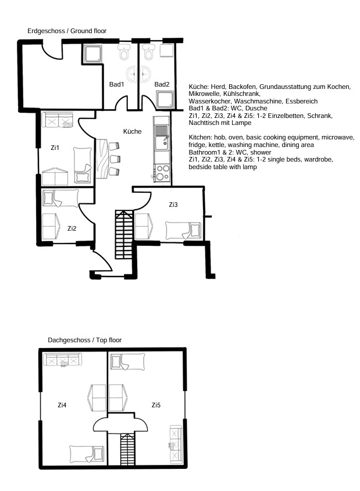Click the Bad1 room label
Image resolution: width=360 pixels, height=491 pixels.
coord(116,84)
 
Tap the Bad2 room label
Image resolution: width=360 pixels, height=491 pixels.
coord(162,84)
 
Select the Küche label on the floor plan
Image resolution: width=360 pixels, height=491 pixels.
coord(132,131)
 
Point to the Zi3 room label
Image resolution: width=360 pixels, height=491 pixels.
coord(173,205)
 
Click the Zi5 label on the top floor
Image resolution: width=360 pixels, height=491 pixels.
coord(156,405)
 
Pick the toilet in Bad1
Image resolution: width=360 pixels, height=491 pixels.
coord(124,52)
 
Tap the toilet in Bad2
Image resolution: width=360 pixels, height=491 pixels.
coord(148,52)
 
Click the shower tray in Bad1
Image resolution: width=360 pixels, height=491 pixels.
coord(92,53)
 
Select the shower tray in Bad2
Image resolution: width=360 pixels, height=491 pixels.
coord(165,99)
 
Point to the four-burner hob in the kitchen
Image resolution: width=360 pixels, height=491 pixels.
coord(163,173)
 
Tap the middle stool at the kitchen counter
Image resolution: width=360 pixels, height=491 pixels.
coord(115,159)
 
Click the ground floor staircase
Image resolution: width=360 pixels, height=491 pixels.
coord(124,235)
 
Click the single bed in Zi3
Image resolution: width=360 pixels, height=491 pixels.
coord(183,231)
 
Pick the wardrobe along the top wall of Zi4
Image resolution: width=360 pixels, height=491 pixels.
coord(63,360)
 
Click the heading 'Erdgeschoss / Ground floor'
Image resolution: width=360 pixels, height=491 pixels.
coord(67,31)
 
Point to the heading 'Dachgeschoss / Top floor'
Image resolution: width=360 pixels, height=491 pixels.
coord(84,340)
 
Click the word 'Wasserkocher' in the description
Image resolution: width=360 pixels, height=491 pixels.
coord(209,101)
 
